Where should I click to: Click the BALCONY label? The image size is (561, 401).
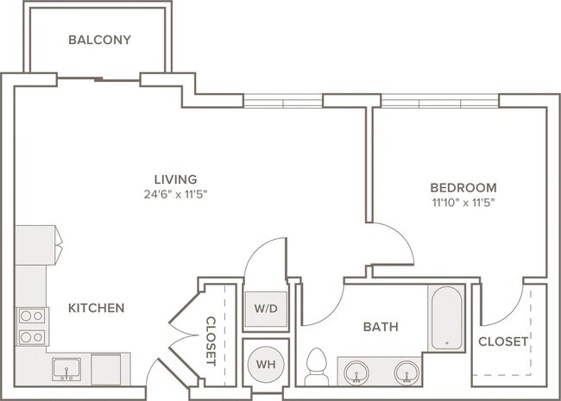coord(100,40)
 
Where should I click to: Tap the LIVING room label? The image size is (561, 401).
coord(176,179)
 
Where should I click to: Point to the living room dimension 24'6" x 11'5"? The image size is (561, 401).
coord(176,194)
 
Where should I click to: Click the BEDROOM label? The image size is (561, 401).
coord(463,188)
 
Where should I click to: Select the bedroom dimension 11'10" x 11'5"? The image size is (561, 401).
coord(463,203)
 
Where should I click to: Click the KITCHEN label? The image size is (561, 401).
coord(97,308)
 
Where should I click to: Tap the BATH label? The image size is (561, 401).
coord(381,327)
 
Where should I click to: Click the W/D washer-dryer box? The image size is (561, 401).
coord(266,309)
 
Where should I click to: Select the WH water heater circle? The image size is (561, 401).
coord(266,364)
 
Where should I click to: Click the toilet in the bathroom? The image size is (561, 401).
coord(317,367)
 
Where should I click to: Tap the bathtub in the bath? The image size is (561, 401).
coord(446,318)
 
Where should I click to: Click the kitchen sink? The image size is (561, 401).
coord(66,369)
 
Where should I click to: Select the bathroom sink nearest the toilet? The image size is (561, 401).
coord(356,373)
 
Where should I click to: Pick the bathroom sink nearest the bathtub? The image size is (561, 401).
coord(407,373)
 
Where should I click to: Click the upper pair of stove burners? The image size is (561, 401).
coord(32,316)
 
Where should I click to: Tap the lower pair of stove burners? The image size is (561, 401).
coord(32,337)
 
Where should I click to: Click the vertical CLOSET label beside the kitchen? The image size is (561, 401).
coord(211,341)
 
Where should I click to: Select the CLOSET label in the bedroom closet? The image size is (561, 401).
coord(503,341)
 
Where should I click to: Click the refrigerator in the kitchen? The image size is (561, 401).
coord(35,245)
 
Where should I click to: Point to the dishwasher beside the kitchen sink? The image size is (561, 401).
coord(106,370)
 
